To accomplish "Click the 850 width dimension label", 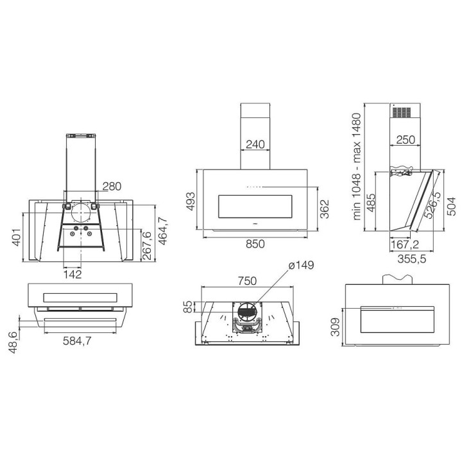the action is click(x=255, y=244).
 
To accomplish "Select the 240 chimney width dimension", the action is click(x=255, y=144).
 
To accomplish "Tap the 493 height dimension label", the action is click(x=191, y=201).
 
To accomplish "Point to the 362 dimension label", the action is click(x=325, y=209).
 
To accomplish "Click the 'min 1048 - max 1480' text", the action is click(x=357, y=166).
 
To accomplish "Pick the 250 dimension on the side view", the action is click(x=406, y=140).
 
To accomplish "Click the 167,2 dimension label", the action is click(x=404, y=244).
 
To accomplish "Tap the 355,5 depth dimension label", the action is click(x=411, y=259).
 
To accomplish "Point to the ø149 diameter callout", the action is click(x=301, y=265).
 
